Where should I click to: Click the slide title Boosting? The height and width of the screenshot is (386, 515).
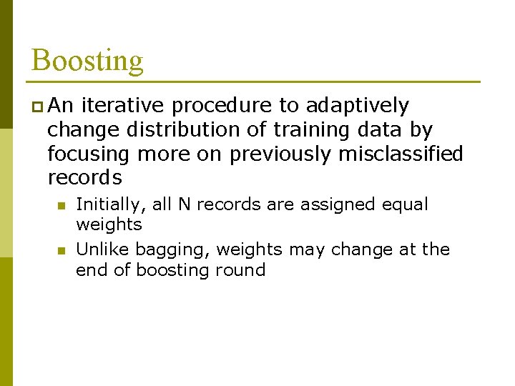(x=87, y=61)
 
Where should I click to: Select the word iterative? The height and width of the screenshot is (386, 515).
(x=122, y=106)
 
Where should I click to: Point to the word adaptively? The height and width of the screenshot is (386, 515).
(x=357, y=107)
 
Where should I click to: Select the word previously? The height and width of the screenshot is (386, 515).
(x=281, y=154)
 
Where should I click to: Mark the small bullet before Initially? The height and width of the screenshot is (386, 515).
(x=62, y=206)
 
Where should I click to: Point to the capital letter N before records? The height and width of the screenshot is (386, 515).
(x=184, y=204)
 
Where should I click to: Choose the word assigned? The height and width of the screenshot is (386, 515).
(x=329, y=205)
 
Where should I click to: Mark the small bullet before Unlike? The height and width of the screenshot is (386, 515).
(x=62, y=251)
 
